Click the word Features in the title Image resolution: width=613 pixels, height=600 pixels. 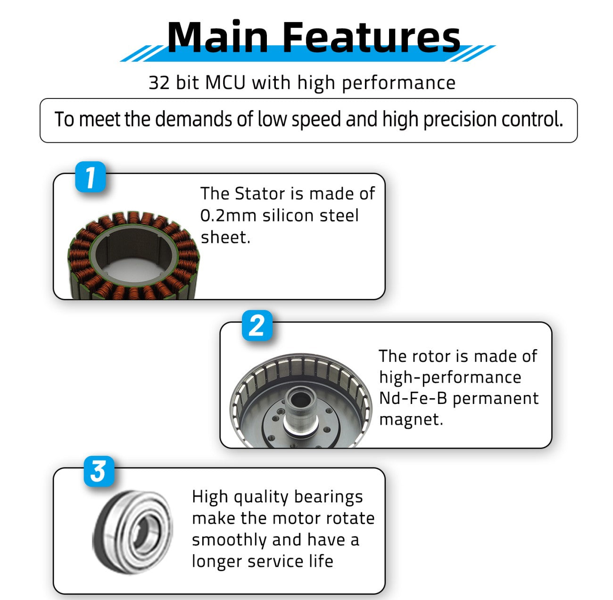tap(371, 37)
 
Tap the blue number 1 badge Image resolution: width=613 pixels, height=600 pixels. tap(91, 177)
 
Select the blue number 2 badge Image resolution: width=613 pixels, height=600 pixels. tap(257, 325)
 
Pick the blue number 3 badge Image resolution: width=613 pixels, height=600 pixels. tap(99, 471)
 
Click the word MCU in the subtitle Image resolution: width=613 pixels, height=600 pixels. tap(225, 82)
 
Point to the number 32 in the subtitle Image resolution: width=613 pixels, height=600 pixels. tap(159, 83)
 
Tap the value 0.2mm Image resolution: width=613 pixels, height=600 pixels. tap(228, 215)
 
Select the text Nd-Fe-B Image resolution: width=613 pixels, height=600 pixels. tap(413, 398)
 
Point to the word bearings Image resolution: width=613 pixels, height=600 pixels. tap(328, 497)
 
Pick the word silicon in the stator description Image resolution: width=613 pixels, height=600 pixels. tap(288, 215)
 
